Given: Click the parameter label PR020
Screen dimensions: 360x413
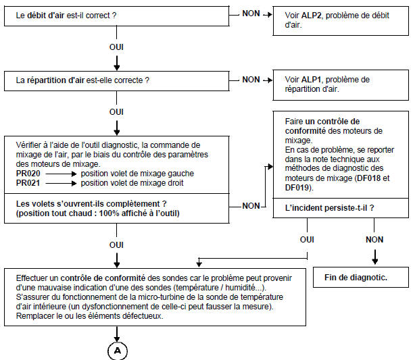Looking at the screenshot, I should pyautogui.click(x=28, y=174).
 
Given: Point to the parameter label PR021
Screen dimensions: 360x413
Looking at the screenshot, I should pyautogui.click(x=28, y=182).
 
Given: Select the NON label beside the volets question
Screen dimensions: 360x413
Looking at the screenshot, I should pyautogui.click(x=251, y=205).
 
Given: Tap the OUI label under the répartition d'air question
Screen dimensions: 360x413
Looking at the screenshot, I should pyautogui.click(x=118, y=111).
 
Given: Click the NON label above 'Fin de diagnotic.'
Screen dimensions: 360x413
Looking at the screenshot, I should pyautogui.click(x=374, y=239).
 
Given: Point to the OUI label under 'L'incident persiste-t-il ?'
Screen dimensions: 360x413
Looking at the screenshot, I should pyautogui.click(x=307, y=239).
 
